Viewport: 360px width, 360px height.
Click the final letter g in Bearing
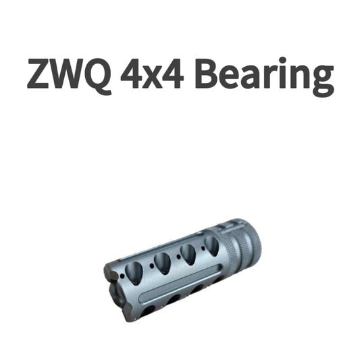(x=321, y=79)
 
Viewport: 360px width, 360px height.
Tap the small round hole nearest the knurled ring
(x=201, y=252)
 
